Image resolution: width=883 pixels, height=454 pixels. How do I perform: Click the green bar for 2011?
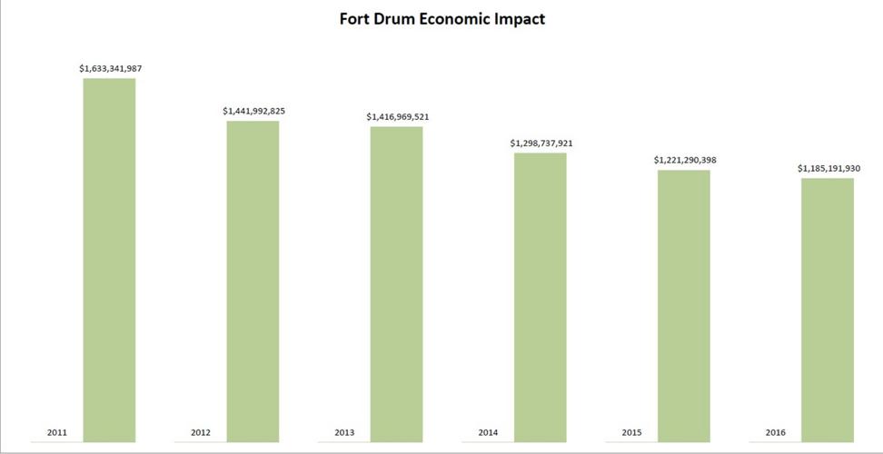click(x=109, y=259)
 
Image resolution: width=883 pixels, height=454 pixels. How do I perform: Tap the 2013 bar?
click(x=396, y=283)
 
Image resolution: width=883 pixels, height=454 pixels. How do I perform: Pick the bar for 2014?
click(x=540, y=296)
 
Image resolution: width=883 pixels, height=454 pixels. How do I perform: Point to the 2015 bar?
click(x=683, y=305)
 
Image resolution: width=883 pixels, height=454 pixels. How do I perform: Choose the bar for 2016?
click(x=828, y=309)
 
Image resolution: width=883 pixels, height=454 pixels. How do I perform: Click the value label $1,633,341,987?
click(x=110, y=68)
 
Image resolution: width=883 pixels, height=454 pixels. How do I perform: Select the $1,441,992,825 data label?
click(x=253, y=111)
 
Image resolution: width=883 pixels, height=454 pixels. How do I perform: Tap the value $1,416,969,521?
click(x=397, y=116)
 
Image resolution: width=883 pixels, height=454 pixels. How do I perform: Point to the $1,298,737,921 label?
click(x=541, y=143)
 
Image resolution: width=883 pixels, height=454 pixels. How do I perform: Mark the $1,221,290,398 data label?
click(x=684, y=160)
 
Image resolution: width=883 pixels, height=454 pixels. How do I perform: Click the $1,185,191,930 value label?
click(x=828, y=168)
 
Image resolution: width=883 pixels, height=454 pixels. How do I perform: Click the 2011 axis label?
click(x=56, y=433)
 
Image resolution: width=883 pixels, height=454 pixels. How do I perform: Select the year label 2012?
click(x=201, y=433)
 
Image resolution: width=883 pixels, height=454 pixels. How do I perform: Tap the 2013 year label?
click(x=344, y=433)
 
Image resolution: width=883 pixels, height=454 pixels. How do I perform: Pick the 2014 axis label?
click(x=488, y=433)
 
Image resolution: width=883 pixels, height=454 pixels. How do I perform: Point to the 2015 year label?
click(x=631, y=433)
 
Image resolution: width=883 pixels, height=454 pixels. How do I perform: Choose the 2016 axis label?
click(x=775, y=433)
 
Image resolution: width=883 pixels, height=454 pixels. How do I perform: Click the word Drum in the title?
click(x=399, y=19)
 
